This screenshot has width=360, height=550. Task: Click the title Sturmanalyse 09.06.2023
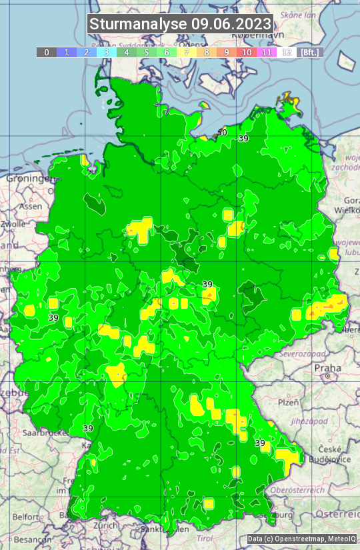pyautogui.click(x=180, y=25)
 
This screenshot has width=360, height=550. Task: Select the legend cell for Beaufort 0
pyautogui.click(x=47, y=52)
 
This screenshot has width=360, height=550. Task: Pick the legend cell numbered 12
pyautogui.click(x=286, y=52)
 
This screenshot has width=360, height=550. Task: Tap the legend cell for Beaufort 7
pyautogui.click(x=187, y=52)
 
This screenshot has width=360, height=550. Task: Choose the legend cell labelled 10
pyautogui.click(x=247, y=52)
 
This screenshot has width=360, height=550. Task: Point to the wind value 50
pyautogui.click(x=222, y=133)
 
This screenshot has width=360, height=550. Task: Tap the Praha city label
pyautogui.click(x=327, y=367)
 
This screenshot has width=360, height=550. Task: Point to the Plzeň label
pyautogui.click(x=288, y=403)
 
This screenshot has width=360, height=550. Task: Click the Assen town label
pyautogui.click(x=30, y=207)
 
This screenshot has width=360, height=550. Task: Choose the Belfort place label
pyautogui.click(x=26, y=517)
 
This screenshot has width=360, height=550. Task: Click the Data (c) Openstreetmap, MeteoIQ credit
pyautogui.click(x=302, y=539)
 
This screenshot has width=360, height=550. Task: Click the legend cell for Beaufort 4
pyautogui.click(x=127, y=52)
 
